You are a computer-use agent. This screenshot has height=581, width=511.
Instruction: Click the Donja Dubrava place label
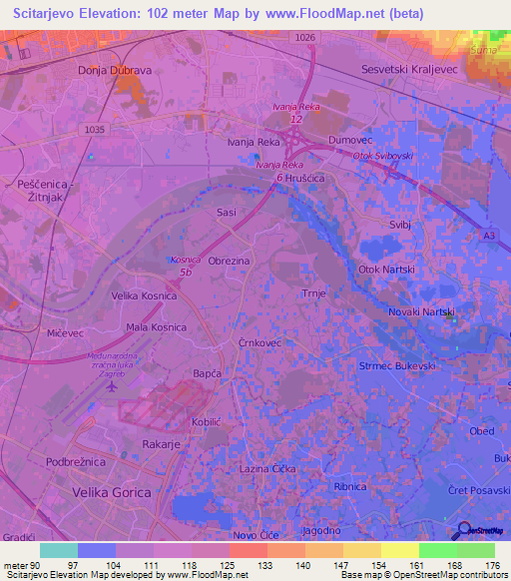click(x=113, y=71)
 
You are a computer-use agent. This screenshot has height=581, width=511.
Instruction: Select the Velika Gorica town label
click(x=111, y=493)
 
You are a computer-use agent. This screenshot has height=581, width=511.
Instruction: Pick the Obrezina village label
click(x=229, y=260)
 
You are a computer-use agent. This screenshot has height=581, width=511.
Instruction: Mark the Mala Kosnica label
click(x=155, y=327)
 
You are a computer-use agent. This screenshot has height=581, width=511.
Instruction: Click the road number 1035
click(x=95, y=129)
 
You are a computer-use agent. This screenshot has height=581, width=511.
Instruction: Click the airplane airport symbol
click(x=111, y=386)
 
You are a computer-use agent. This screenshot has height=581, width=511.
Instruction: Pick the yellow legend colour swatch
click(x=399, y=550)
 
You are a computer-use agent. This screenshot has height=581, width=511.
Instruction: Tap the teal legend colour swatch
click(x=58, y=550)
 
